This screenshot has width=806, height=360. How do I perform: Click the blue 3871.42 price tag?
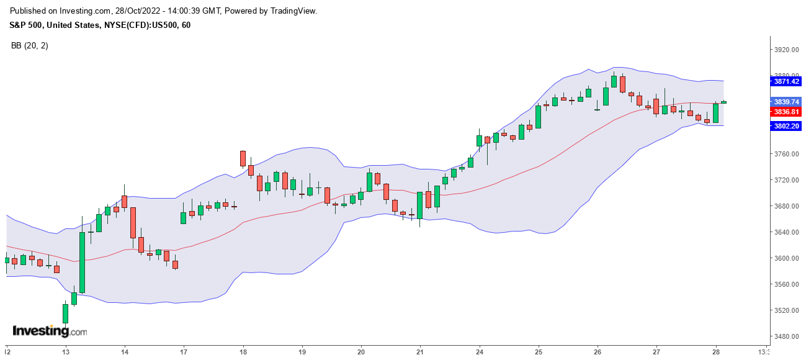point(786,81)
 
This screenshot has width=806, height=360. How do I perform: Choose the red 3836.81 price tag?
point(786,112)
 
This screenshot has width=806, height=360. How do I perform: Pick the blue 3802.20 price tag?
point(786,126)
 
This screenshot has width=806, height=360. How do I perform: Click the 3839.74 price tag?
point(786,102)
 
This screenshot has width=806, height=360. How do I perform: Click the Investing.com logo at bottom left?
point(50,331)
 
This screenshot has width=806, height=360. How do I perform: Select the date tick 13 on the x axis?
point(65,351)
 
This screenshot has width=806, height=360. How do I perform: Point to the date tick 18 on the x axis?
point(243,351)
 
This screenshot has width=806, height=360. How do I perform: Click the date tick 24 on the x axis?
point(479,351)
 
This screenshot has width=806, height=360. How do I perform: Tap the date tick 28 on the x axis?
point(716,351)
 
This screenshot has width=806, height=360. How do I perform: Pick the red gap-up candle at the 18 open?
point(243,158)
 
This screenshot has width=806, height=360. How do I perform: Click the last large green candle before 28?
point(715,113)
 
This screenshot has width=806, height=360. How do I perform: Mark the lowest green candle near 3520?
point(65,313)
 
